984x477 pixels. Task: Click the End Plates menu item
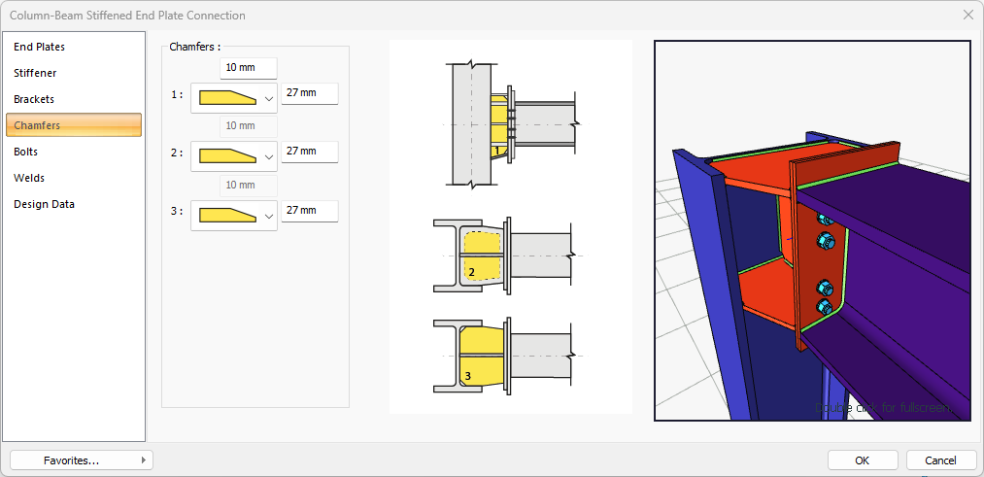[x=40, y=47]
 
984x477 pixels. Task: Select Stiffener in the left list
[x=35, y=73]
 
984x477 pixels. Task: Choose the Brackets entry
[x=34, y=99]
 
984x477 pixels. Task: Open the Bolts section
[x=26, y=152]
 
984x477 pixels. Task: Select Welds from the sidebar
[x=29, y=178]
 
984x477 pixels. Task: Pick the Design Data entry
[x=44, y=204]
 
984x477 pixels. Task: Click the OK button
[x=862, y=460]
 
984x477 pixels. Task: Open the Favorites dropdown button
[x=82, y=460]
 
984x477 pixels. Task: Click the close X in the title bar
[x=967, y=15]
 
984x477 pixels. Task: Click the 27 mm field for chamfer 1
[x=309, y=93]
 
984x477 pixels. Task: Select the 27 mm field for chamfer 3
[x=309, y=211]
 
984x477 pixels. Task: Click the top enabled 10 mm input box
[x=249, y=68]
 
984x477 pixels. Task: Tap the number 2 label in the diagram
[x=471, y=272]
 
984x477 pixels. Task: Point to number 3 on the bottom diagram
[x=467, y=375]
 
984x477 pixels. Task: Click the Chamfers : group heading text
[x=194, y=46]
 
